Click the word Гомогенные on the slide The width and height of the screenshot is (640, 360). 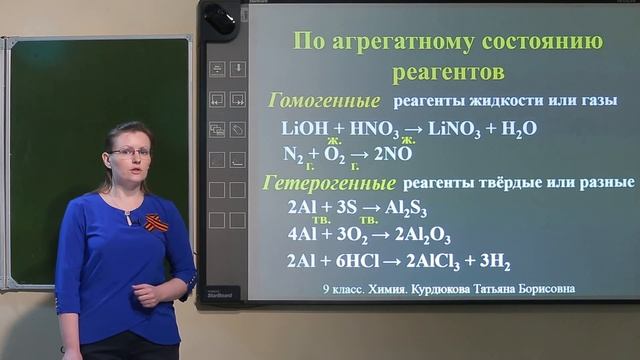[x=325, y=101]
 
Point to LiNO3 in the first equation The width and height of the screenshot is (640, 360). [x=447, y=129]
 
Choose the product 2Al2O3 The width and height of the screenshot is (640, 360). [x=422, y=236]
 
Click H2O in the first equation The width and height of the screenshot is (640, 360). [x=520, y=129]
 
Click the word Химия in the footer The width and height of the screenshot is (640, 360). [x=387, y=289]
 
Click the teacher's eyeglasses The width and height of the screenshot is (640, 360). [x=131, y=152]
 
